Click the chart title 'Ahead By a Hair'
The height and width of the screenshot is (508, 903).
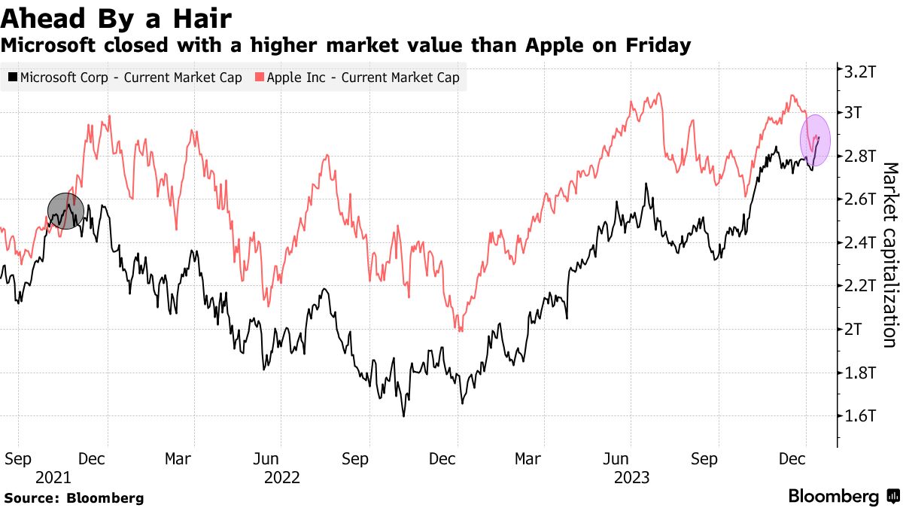(116, 17)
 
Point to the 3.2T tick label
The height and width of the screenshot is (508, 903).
(861, 71)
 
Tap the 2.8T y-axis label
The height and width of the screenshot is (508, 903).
(861, 157)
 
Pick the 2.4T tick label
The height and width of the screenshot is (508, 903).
(861, 243)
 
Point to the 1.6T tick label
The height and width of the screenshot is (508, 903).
(861, 416)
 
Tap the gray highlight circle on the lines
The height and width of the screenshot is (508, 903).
(65, 210)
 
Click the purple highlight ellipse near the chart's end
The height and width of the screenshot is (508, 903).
(815, 141)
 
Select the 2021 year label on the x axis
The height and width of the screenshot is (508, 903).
(53, 477)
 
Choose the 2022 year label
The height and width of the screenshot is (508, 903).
(281, 477)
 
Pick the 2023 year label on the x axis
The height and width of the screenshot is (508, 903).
(631, 477)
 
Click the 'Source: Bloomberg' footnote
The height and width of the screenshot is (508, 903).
(74, 498)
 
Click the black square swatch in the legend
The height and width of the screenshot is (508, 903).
(14, 78)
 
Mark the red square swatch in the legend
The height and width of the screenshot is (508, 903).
(260, 78)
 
